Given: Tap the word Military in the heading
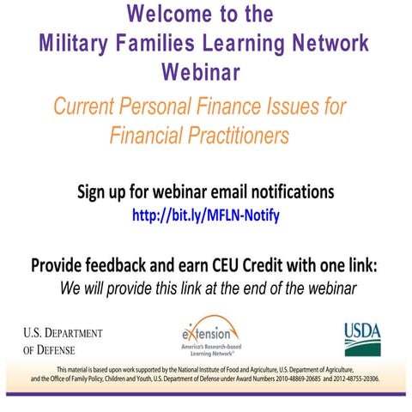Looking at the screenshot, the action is coord(73,44).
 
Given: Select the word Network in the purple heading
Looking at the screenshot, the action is coord(330,42).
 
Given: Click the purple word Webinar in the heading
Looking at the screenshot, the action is coord(201,71).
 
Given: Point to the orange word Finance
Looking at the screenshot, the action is coord(228,106).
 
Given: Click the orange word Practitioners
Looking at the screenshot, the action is coord(238,135).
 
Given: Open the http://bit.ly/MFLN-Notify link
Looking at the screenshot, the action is coord(206,215).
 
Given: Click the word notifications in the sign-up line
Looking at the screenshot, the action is coord(293,191).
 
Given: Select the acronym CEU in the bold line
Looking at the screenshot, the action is coord(225,265).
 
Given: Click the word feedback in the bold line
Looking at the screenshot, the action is coord(116,265).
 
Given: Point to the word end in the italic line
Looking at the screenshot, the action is coord(255,288).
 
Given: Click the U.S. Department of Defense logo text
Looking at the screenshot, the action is coord(63,342).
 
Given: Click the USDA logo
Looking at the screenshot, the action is coord(362,340).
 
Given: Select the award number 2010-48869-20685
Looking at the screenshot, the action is coord(298,379).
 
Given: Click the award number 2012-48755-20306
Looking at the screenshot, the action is coord(356,379).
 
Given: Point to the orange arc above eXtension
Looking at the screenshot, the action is coord(212,317).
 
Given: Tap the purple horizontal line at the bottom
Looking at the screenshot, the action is coord(206,394).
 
